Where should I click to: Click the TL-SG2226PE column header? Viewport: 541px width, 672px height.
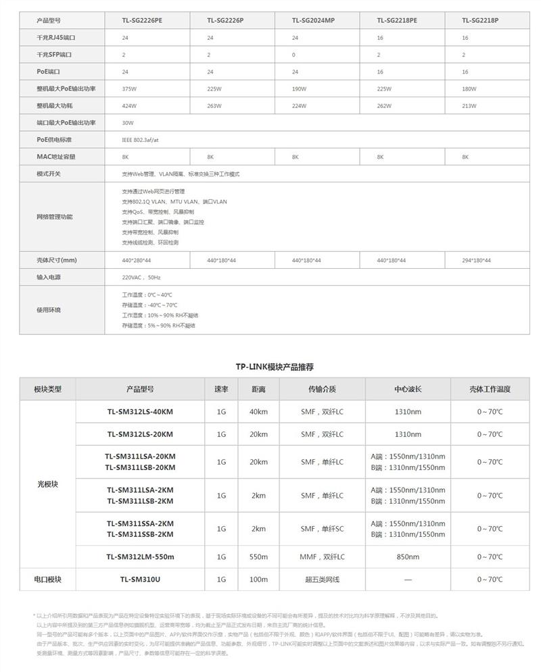coord(142,20)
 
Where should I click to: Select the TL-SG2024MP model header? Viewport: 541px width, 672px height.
coord(313,20)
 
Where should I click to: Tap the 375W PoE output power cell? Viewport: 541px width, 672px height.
coord(128,88)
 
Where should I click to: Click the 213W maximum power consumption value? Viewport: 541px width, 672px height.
coord(469,105)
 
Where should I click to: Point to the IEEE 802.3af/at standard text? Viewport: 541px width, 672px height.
coord(141,139)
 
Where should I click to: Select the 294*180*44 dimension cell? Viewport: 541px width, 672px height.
coord(477,260)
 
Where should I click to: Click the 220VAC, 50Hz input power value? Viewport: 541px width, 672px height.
coord(141,277)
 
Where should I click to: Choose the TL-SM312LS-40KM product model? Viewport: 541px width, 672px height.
coord(140,412)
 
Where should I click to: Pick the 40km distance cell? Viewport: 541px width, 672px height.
coord(258,412)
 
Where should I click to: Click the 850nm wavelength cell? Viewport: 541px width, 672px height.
coord(408,557)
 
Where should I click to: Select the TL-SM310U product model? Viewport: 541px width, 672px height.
coord(140,579)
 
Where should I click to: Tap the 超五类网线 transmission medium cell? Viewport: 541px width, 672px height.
coord(322,579)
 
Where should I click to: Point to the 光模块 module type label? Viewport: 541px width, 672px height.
coord(48,484)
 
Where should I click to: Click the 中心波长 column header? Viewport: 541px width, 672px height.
coord(408,389)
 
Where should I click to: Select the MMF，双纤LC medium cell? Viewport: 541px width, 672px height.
coord(322,557)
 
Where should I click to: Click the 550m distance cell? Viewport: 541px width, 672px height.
coord(258,557)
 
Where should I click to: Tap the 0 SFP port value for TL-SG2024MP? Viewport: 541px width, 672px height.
coord(294,54)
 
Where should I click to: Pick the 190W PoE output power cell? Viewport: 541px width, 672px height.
coord(299,88)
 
